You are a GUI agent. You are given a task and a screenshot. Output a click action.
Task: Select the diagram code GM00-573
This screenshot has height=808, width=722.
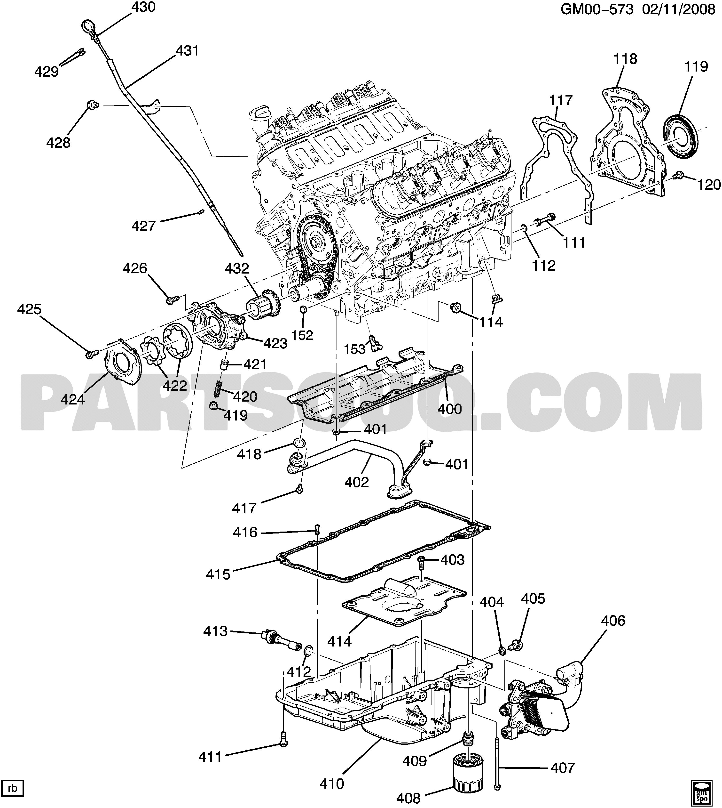click(x=597, y=9)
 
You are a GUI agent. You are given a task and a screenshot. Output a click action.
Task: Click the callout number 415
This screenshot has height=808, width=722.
click(x=218, y=574)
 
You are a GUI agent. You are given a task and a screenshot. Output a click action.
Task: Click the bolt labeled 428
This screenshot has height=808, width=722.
click(x=92, y=105)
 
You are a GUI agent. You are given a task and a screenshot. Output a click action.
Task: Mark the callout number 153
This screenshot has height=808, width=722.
click(x=354, y=349)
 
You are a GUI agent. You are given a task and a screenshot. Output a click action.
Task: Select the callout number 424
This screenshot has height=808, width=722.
click(x=73, y=399)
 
